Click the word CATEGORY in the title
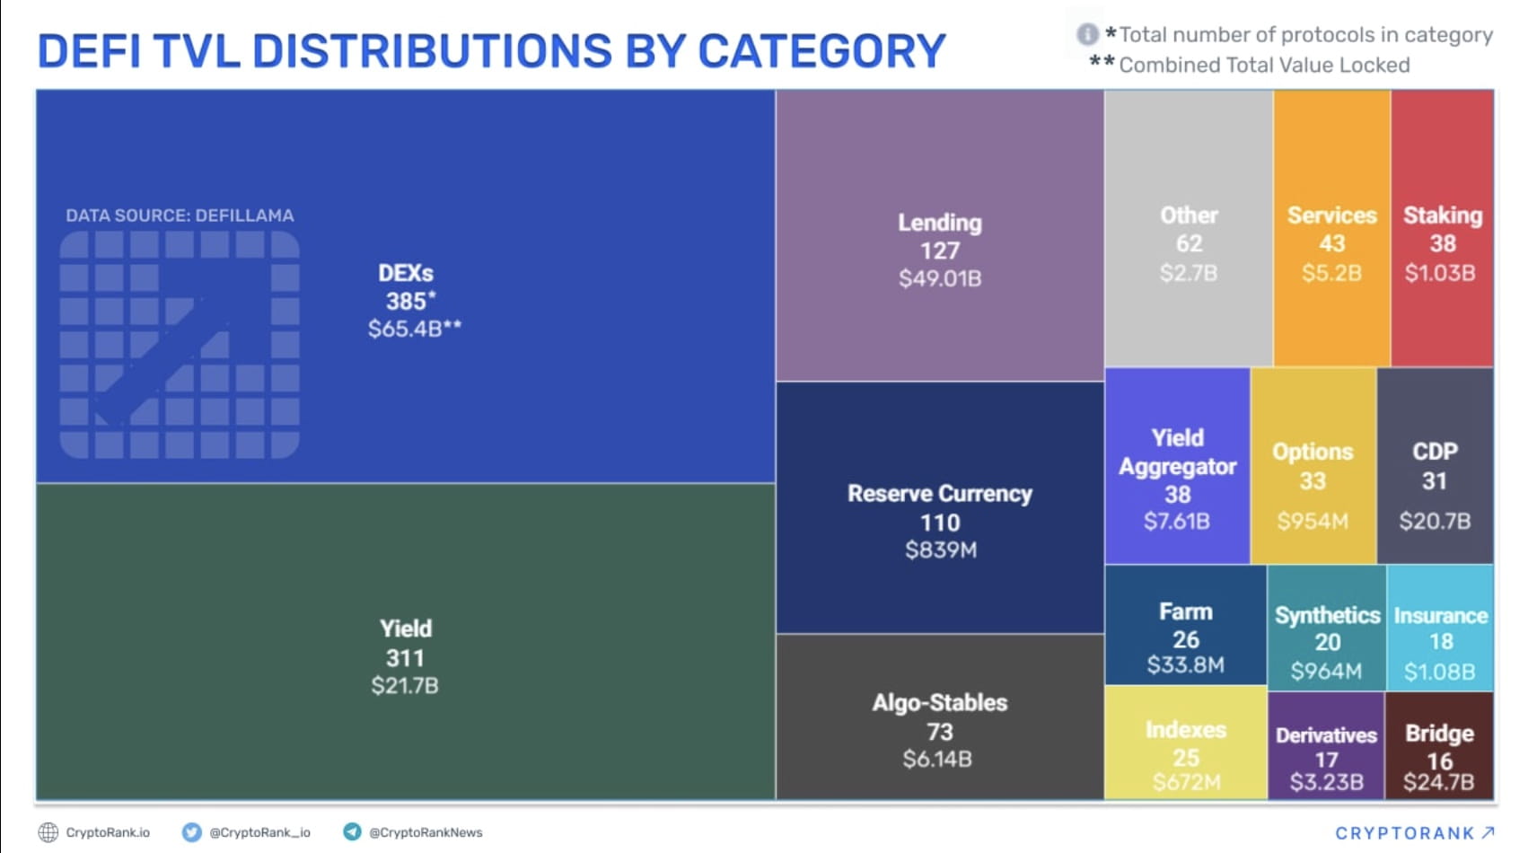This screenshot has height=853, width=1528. pyautogui.click(x=821, y=51)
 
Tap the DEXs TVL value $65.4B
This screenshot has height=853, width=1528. pyautogui.click(x=405, y=329)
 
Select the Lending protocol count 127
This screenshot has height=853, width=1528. pyautogui.click(x=939, y=251)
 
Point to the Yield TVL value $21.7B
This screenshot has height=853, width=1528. pyautogui.click(x=405, y=686)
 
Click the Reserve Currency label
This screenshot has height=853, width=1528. pyautogui.click(x=939, y=494)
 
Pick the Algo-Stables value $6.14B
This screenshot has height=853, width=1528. pyautogui.click(x=937, y=760)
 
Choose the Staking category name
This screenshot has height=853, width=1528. pyautogui.click(x=1442, y=215)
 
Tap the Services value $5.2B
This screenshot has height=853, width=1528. pyautogui.click(x=1331, y=273)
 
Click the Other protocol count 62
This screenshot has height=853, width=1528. pyautogui.click(x=1189, y=243)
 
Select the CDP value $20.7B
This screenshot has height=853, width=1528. pyautogui.click(x=1435, y=521)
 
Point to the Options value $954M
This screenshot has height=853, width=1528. pyautogui.click(x=1313, y=521)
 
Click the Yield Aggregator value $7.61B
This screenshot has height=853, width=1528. pyautogui.click(x=1176, y=521)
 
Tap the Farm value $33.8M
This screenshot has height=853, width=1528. pyautogui.click(x=1185, y=665)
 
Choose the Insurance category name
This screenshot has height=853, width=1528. pyautogui.click(x=1440, y=616)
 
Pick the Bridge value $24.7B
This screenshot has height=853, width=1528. pyautogui.click(x=1438, y=783)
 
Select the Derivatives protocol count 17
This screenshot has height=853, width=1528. pyautogui.click(x=1326, y=760)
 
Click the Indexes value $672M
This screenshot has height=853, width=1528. pyautogui.click(x=1186, y=783)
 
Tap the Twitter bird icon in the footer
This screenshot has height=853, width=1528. pyautogui.click(x=191, y=832)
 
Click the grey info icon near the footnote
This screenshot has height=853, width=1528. pyautogui.click(x=1087, y=35)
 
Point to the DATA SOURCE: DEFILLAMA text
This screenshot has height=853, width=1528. pyautogui.click(x=180, y=215)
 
